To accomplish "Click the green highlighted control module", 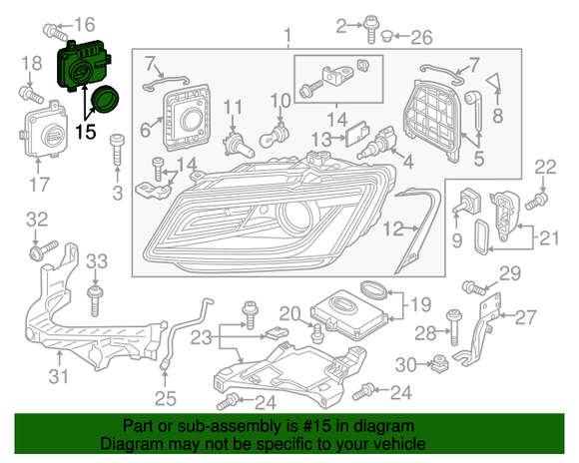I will tap(84, 68).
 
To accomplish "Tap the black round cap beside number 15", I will tap(105, 101).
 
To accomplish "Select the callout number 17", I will tap(38, 185).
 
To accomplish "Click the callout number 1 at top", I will tap(289, 39).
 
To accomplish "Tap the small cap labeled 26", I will tap(383, 38).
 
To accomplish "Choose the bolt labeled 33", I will tap(96, 292).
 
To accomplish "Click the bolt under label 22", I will tap(531, 201).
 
